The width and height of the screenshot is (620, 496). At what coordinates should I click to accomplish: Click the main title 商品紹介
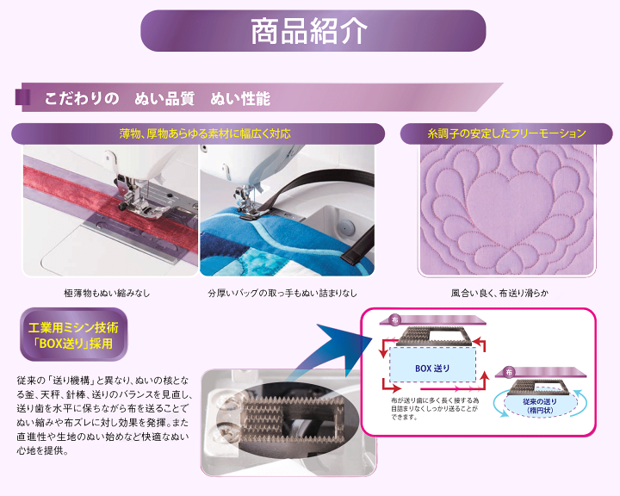(309, 31)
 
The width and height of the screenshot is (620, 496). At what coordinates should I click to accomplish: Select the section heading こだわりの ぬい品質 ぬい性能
(158, 98)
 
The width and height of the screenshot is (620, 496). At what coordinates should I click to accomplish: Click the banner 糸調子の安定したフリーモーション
(506, 133)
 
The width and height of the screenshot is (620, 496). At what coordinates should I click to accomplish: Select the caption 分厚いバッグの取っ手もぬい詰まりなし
(282, 293)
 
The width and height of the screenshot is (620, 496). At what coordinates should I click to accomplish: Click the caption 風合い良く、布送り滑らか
(499, 293)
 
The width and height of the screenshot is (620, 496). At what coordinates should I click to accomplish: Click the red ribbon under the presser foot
(86, 200)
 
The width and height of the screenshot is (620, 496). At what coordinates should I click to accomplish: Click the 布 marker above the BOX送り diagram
(395, 319)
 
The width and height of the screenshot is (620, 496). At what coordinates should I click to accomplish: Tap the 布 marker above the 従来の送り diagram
(510, 372)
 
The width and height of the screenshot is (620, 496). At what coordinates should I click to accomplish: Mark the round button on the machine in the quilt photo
(345, 226)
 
